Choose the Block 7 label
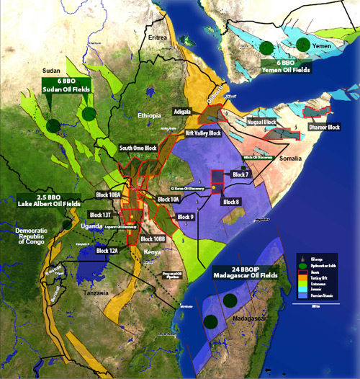point(240,174)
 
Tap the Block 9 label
point(185,216)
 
